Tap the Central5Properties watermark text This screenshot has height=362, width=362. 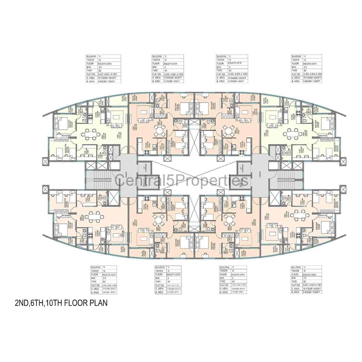(x=181, y=181)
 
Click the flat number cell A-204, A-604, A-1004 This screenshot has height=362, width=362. (x=313, y=74)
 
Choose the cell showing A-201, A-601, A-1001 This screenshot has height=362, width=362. (x=313, y=285)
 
